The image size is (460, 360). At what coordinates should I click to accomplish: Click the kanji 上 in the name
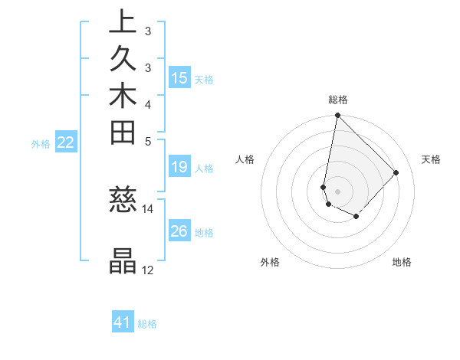[x=123, y=21]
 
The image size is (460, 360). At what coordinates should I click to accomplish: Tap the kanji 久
[x=123, y=59]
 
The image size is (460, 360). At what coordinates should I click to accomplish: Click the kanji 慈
[x=123, y=201]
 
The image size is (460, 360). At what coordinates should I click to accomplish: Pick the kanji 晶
[x=123, y=261]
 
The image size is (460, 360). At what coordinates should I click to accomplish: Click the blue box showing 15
[x=179, y=78]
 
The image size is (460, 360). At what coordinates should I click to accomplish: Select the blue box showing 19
[x=179, y=167]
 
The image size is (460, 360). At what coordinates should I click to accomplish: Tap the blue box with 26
[x=179, y=231]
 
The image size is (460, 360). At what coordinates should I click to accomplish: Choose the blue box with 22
[x=66, y=142]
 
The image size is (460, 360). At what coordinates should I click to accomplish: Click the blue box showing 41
[x=123, y=322]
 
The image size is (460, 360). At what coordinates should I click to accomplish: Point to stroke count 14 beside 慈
[x=148, y=209]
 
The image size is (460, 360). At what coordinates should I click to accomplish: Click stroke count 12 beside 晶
[x=148, y=270]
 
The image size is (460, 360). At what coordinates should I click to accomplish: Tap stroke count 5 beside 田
[x=147, y=141]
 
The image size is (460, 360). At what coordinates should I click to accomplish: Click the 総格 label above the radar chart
[x=337, y=100]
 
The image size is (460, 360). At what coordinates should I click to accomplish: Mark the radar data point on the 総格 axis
[x=337, y=116]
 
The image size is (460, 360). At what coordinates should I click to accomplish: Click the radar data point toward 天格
[x=396, y=172]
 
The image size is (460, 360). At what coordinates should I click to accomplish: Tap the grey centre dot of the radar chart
[x=337, y=191]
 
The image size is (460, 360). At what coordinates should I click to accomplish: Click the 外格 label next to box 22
[x=41, y=143]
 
